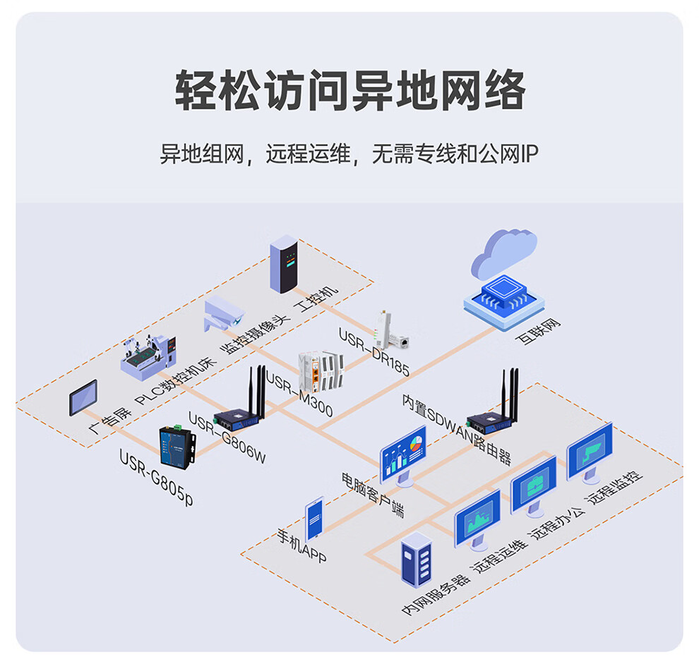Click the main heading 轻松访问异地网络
pos(349,90)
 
